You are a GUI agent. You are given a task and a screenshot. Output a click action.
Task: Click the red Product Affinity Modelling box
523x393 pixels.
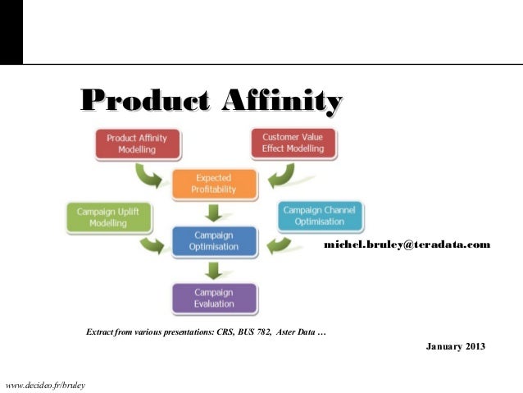(x=131, y=143)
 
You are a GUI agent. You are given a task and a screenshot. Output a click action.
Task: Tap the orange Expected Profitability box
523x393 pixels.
(x=213, y=183)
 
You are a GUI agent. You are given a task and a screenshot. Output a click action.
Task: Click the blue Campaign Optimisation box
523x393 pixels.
(x=213, y=240)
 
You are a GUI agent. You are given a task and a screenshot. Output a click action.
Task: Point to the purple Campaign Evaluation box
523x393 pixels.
(x=213, y=297)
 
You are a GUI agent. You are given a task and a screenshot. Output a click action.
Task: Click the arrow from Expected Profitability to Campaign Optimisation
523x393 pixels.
(x=213, y=212)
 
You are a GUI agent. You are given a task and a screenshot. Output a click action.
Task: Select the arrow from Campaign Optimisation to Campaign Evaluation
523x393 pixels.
(x=213, y=268)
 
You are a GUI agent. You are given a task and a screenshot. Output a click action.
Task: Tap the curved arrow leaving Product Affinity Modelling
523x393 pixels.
(x=152, y=172)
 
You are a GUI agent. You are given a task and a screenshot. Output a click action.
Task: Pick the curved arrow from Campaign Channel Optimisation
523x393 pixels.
(x=275, y=243)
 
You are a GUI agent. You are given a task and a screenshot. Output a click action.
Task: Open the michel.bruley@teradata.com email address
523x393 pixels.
(x=407, y=244)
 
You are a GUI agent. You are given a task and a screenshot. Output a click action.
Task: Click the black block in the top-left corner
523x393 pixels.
(x=11, y=31)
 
